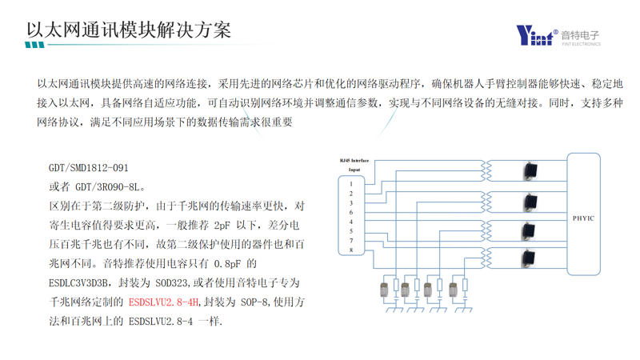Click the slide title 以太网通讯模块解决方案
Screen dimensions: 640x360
pos(129,30)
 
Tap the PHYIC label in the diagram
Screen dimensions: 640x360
pos(583,218)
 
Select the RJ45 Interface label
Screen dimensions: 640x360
pos(354,161)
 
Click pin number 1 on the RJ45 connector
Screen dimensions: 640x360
pos(350,184)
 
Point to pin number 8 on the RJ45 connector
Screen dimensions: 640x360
pos(350,250)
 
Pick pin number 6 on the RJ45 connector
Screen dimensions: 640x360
pos(350,213)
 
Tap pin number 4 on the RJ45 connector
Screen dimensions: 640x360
pos(350,222)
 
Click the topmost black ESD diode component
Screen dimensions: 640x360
pos(529,170)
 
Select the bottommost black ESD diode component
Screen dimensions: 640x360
pos(529,258)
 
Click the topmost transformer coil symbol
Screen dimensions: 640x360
pos(486,170)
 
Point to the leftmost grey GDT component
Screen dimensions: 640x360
pos(383,287)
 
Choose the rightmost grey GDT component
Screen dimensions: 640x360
pos(454,287)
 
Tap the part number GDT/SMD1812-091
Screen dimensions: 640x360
pos(88,168)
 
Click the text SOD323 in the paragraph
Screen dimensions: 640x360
pos(178,283)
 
